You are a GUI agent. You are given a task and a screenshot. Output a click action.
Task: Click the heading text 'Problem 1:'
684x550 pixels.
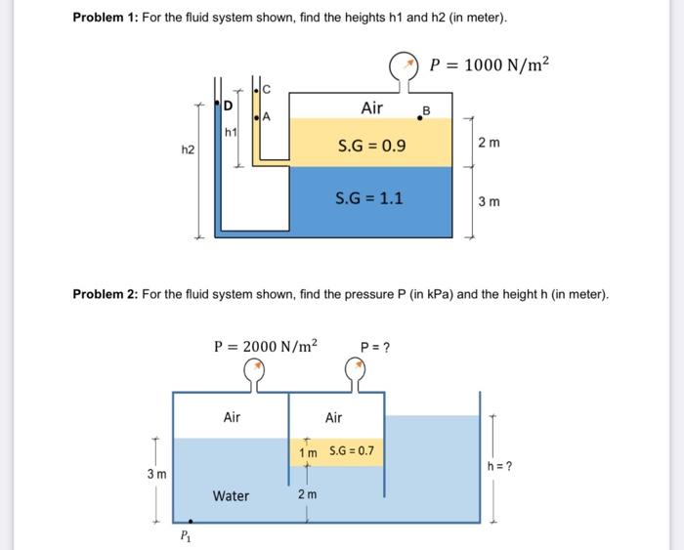pyautogui.click(x=105, y=19)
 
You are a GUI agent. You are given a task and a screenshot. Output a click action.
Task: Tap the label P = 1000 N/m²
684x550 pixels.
pyautogui.click(x=490, y=64)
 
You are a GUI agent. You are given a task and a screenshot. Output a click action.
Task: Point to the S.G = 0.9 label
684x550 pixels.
pyautogui.click(x=371, y=148)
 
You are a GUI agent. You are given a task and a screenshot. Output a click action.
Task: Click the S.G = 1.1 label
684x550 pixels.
pyautogui.click(x=369, y=198)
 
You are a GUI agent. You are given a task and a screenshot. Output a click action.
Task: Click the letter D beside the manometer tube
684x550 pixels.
pyautogui.click(x=229, y=106)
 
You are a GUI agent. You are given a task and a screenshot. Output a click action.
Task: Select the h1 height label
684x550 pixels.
pyautogui.click(x=231, y=131)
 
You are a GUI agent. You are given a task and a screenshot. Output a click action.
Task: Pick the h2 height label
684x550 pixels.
pyautogui.click(x=189, y=149)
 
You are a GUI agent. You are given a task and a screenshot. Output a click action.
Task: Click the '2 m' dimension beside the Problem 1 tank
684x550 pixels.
pyautogui.click(x=489, y=145)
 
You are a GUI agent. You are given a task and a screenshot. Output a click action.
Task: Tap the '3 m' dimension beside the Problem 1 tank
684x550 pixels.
pyautogui.click(x=489, y=202)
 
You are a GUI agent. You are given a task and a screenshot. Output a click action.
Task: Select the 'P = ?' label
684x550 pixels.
pyautogui.click(x=375, y=346)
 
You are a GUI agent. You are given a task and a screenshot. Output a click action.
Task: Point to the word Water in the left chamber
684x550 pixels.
pyautogui.click(x=231, y=496)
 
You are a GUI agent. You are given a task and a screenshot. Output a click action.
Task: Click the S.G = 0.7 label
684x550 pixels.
pyautogui.click(x=351, y=450)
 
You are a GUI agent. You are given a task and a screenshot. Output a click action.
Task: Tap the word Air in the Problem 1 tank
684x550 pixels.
pyautogui.click(x=371, y=107)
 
